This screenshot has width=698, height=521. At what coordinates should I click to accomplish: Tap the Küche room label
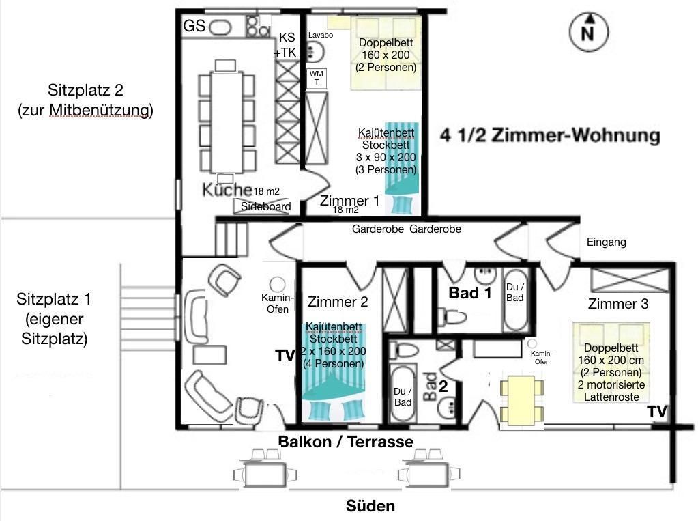[x=227, y=189]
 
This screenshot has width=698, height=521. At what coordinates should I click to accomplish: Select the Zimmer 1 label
[x=349, y=201]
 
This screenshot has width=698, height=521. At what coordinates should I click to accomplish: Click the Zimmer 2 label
[x=338, y=302]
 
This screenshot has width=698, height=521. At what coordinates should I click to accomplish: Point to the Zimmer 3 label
[x=618, y=304]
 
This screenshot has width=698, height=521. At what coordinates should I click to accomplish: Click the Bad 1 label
[x=470, y=293]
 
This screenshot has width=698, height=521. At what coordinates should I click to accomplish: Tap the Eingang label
[x=607, y=242]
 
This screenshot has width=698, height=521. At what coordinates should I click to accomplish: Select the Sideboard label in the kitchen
[x=265, y=206]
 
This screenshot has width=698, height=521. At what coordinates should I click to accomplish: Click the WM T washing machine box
[x=317, y=78]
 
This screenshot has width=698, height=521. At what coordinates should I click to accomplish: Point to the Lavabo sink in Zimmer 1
[x=317, y=51]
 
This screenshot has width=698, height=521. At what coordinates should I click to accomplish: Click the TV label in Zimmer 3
[x=657, y=412]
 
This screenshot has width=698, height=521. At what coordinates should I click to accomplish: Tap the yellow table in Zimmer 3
[x=522, y=401]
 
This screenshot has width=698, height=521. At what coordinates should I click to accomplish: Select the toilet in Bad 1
[x=453, y=317]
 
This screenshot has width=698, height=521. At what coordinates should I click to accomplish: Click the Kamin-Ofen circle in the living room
[x=277, y=284]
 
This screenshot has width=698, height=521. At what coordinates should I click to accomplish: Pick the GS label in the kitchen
[x=194, y=26]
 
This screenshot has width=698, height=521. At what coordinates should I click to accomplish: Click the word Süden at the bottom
[x=370, y=506]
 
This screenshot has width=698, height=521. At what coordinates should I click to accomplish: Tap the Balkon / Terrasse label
[x=346, y=442]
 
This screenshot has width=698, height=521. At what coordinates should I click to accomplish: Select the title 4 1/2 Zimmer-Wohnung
[x=550, y=135]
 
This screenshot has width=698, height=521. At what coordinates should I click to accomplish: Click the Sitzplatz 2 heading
[x=85, y=90]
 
